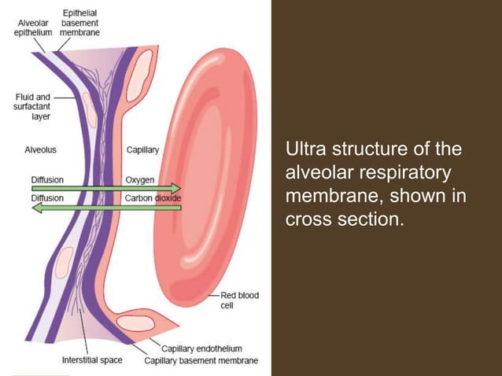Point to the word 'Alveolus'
point(39,149)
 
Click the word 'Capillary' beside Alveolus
point(142,149)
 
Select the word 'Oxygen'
point(140,179)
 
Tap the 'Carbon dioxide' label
point(153,198)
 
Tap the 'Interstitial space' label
point(92,361)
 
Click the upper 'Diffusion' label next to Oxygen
point(47,179)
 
